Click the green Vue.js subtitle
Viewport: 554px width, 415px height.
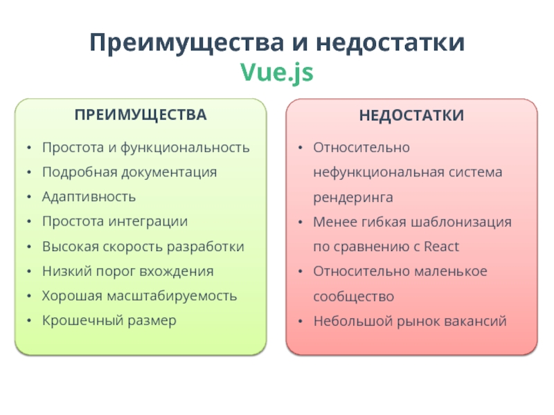[x=276, y=73]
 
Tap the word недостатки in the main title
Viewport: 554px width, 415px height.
[x=390, y=43]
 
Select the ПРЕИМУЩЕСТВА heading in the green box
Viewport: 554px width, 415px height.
[x=141, y=115]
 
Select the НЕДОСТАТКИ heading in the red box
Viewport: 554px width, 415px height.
[x=411, y=116]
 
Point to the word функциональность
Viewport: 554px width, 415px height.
[x=185, y=148]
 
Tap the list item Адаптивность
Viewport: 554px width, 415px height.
[x=89, y=197]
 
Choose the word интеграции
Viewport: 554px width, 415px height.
[x=148, y=222]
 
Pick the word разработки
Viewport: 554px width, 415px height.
[x=205, y=247]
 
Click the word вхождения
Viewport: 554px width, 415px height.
[x=177, y=272]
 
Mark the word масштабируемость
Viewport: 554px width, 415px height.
[x=172, y=296]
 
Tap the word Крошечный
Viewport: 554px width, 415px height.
[x=82, y=321]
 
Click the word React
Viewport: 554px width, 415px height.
[x=441, y=247]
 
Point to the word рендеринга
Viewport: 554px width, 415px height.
[x=353, y=198]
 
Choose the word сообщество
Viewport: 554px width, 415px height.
[x=354, y=297]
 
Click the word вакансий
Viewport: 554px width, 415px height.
[x=475, y=321]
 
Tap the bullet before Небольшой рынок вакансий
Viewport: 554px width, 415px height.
[x=301, y=321]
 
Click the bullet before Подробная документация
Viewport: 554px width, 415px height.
[x=29, y=172]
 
